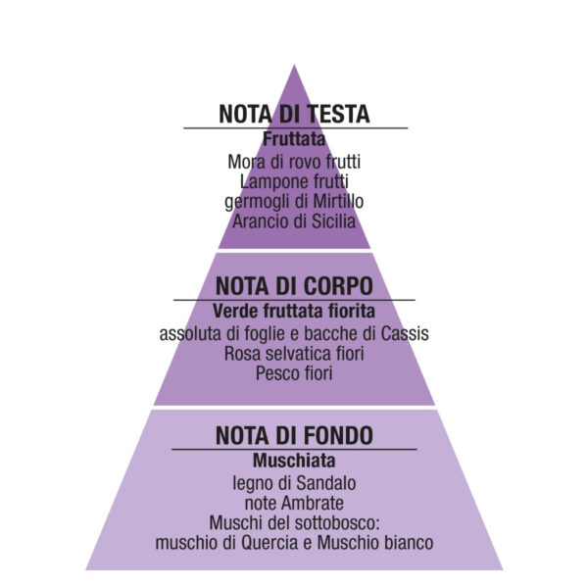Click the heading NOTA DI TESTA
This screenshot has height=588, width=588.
[x=294, y=114]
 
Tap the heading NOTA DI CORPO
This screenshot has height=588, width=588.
[x=294, y=286]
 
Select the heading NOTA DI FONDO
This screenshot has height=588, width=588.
[x=294, y=435]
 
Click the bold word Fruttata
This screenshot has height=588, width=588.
[x=294, y=139]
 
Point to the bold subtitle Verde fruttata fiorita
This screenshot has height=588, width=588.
[x=294, y=311]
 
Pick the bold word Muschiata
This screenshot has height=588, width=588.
[x=294, y=461]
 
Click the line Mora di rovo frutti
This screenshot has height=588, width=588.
[x=294, y=162]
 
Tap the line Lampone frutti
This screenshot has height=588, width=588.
[x=294, y=182]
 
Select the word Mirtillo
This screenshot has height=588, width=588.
[x=338, y=201]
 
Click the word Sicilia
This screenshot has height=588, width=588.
[x=334, y=221]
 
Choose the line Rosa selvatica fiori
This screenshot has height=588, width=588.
[x=294, y=353]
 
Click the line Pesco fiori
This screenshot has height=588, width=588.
[x=294, y=373]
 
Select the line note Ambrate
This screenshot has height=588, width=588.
[x=294, y=503]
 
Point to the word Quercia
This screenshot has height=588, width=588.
[x=270, y=543]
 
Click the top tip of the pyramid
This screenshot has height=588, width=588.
[x=294, y=66]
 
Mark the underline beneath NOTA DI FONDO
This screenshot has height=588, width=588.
[x=294, y=449]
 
